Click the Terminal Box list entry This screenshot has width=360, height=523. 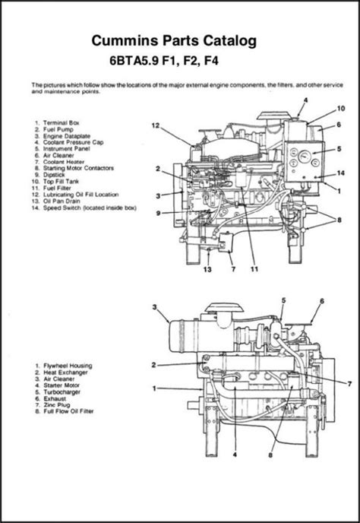[62, 122]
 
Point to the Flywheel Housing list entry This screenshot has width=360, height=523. [68, 366]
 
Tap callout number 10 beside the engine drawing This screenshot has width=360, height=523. [341, 109]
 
